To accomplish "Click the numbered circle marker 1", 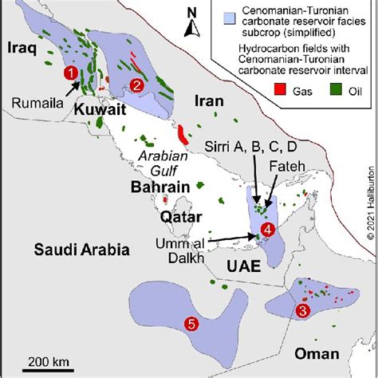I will coord(71,74).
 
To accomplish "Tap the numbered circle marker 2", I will coord(137,85).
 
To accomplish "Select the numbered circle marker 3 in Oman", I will coord(301,310).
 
